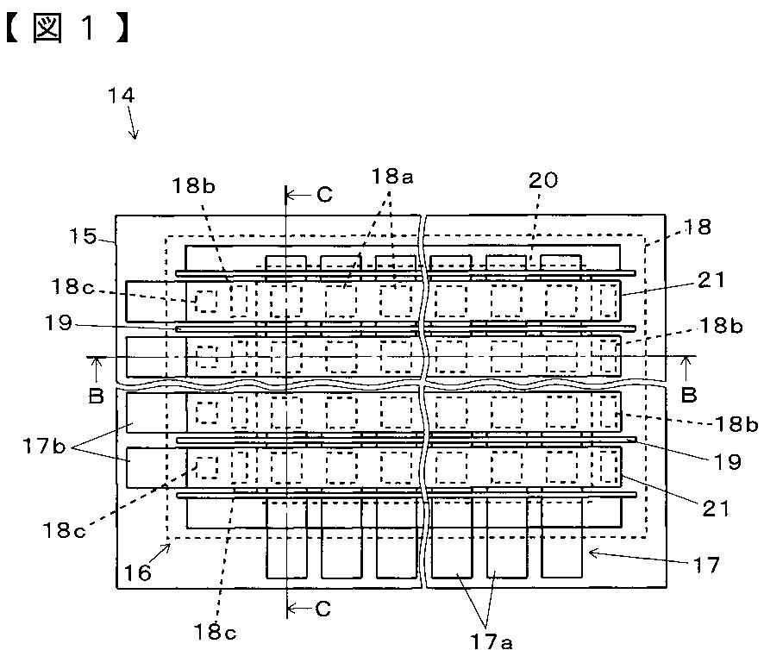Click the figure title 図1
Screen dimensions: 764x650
click(x=67, y=28)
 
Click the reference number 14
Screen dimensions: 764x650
click(x=121, y=96)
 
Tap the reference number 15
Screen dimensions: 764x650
click(x=83, y=236)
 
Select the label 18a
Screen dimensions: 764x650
click(x=392, y=177)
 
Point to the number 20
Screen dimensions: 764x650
click(x=543, y=180)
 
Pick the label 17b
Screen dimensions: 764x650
click(x=44, y=447)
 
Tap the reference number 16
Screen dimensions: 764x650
click(x=137, y=573)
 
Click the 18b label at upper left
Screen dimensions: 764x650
click(x=193, y=185)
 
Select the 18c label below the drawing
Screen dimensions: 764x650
click(x=215, y=633)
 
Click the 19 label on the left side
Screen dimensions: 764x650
click(x=59, y=322)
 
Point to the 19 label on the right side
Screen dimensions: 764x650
click(x=727, y=462)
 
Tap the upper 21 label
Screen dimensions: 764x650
click(x=711, y=280)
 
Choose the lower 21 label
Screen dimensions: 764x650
click(x=715, y=509)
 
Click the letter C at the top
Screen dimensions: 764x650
click(x=324, y=195)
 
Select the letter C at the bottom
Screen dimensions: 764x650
click(x=323, y=609)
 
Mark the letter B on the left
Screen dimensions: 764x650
click(x=97, y=397)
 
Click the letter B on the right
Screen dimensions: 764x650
click(x=688, y=395)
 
